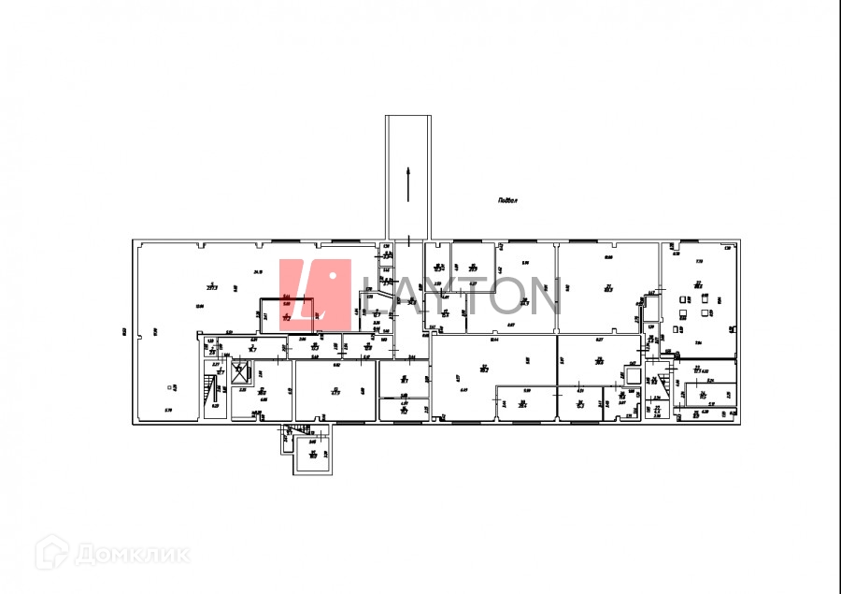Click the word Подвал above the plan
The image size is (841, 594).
508,199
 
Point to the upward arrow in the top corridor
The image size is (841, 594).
409,182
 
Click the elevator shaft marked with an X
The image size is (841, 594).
240,371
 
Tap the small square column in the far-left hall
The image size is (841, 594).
169,386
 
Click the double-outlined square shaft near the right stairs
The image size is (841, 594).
632,375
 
